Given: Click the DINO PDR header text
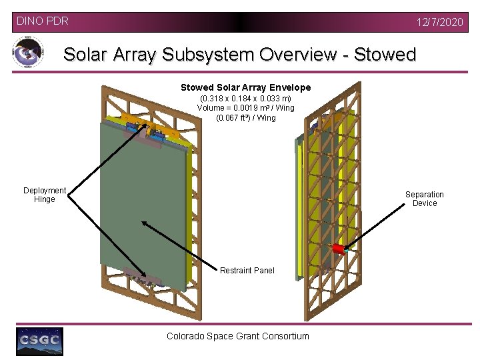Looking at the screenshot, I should [42, 21].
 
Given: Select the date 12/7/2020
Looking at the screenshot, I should [439, 22].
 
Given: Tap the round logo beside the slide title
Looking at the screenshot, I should [27, 52].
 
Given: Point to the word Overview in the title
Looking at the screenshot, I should [294, 55].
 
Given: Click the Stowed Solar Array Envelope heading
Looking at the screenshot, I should [245, 87].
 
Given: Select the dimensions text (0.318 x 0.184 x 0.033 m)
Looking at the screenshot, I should [245, 98].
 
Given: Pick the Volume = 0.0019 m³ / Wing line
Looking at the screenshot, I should [245, 108].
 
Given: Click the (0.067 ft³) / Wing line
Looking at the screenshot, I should [245, 118].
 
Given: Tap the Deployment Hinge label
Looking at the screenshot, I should [45, 195].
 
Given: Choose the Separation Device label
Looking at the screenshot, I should [425, 199].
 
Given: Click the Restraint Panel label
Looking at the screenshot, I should [247, 270].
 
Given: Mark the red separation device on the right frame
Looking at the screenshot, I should [338, 249].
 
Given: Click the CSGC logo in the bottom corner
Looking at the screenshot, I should [39, 341].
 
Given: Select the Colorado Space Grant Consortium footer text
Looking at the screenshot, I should [238, 336].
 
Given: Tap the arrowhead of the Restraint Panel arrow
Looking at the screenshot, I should [144, 223].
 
